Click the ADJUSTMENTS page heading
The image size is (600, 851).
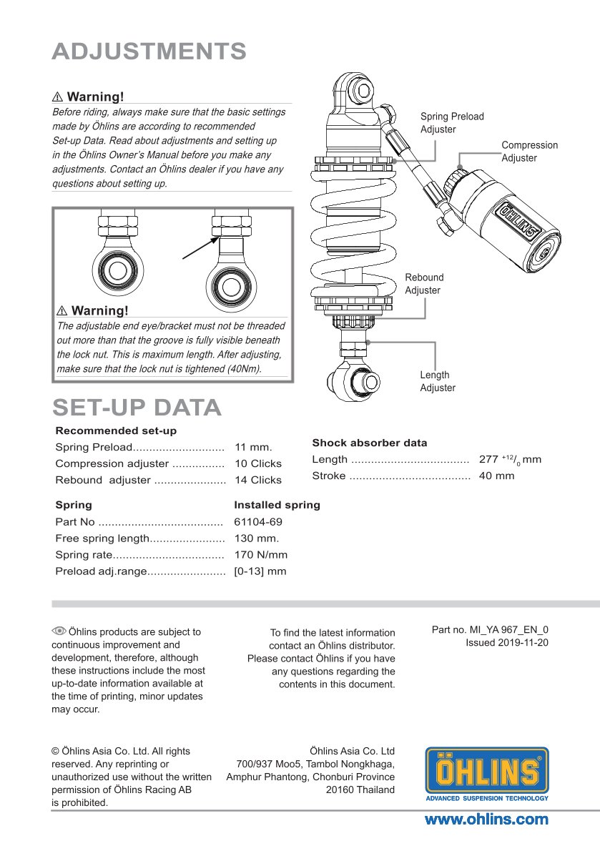pos(149,51)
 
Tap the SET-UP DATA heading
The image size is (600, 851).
pos(137,407)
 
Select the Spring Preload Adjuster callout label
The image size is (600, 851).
pos(451,122)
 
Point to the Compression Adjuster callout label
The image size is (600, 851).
pos(529,151)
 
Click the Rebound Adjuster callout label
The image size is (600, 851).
pos(424,283)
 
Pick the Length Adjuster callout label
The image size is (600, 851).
pos(437,381)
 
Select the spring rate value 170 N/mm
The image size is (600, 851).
pos(260,555)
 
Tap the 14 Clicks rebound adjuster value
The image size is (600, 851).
pos(257,480)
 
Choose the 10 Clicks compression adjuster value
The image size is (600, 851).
pos(257,463)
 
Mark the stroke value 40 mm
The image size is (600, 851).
pos(496,476)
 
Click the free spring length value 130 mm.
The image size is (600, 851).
pos(256,538)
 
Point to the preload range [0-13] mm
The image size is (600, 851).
pos(260,571)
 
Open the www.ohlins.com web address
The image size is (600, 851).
pos(486,820)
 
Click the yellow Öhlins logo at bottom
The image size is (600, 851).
pos(486,773)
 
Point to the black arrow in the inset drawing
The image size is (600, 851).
pos(199,249)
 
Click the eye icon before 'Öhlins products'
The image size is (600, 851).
pos(59,631)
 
